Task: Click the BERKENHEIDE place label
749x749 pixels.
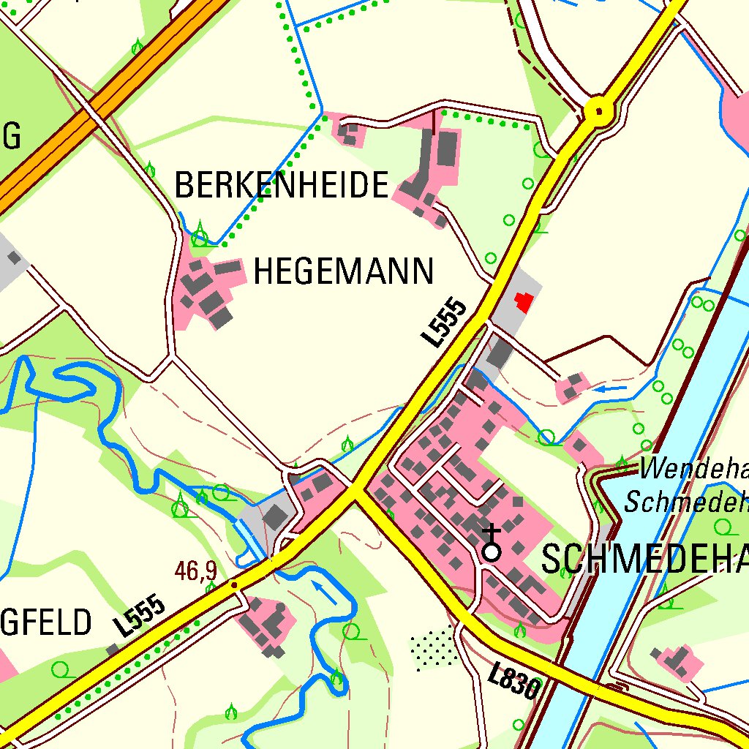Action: [x=281, y=186]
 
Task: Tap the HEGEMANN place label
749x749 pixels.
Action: [x=343, y=272]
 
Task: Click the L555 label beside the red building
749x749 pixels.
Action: [x=444, y=323]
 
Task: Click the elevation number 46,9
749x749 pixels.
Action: [x=196, y=571]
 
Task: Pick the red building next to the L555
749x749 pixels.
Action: [x=524, y=301]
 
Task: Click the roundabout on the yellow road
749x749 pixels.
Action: [x=599, y=112]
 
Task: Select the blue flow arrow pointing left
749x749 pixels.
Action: [x=609, y=389]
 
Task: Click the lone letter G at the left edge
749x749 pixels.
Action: [x=10, y=137]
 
